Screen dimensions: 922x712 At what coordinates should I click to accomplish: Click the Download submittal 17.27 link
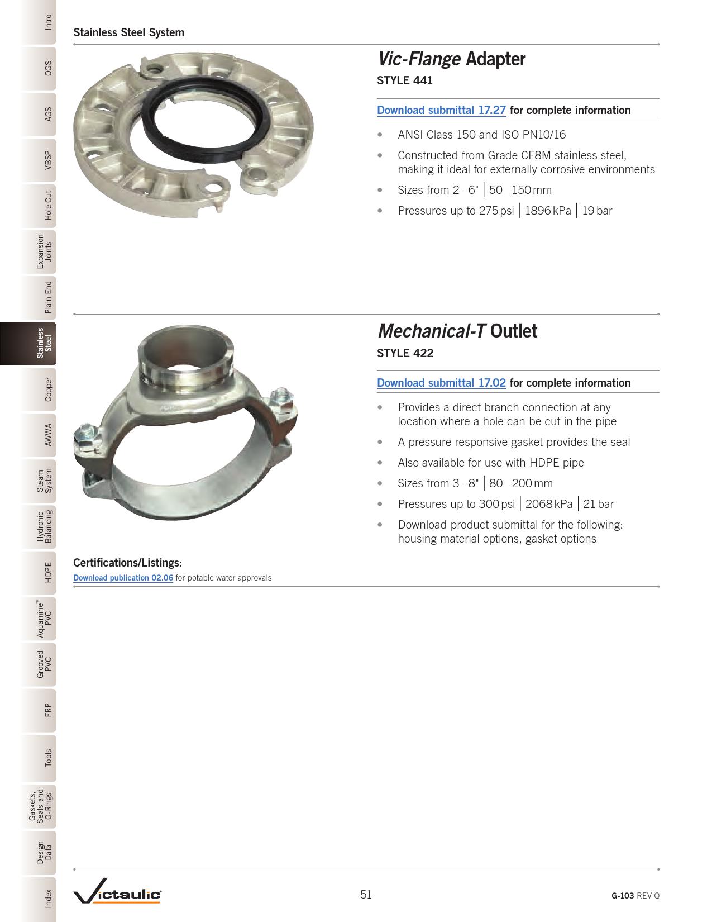tap(441, 110)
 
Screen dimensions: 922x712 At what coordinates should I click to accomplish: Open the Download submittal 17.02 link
tap(441, 383)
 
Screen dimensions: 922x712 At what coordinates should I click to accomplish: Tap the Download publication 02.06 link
tap(123, 578)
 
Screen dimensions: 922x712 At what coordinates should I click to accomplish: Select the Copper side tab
tap(49, 389)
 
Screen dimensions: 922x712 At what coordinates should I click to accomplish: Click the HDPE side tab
tap(49, 573)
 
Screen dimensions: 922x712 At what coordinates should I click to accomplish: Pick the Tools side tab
tap(49, 757)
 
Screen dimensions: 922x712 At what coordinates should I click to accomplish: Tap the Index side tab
tap(49, 898)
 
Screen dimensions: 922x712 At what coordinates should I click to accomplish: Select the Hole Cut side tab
tap(49, 205)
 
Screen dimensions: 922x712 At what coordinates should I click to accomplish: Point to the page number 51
tap(366, 895)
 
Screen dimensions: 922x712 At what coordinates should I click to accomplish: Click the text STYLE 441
tap(405, 80)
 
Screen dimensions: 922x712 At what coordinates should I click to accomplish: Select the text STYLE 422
tap(405, 353)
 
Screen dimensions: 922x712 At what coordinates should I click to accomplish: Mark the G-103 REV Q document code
tap(635, 895)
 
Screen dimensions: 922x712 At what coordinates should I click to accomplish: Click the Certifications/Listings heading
tap(127, 562)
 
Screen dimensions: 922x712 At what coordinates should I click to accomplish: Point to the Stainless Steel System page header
tap(128, 32)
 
